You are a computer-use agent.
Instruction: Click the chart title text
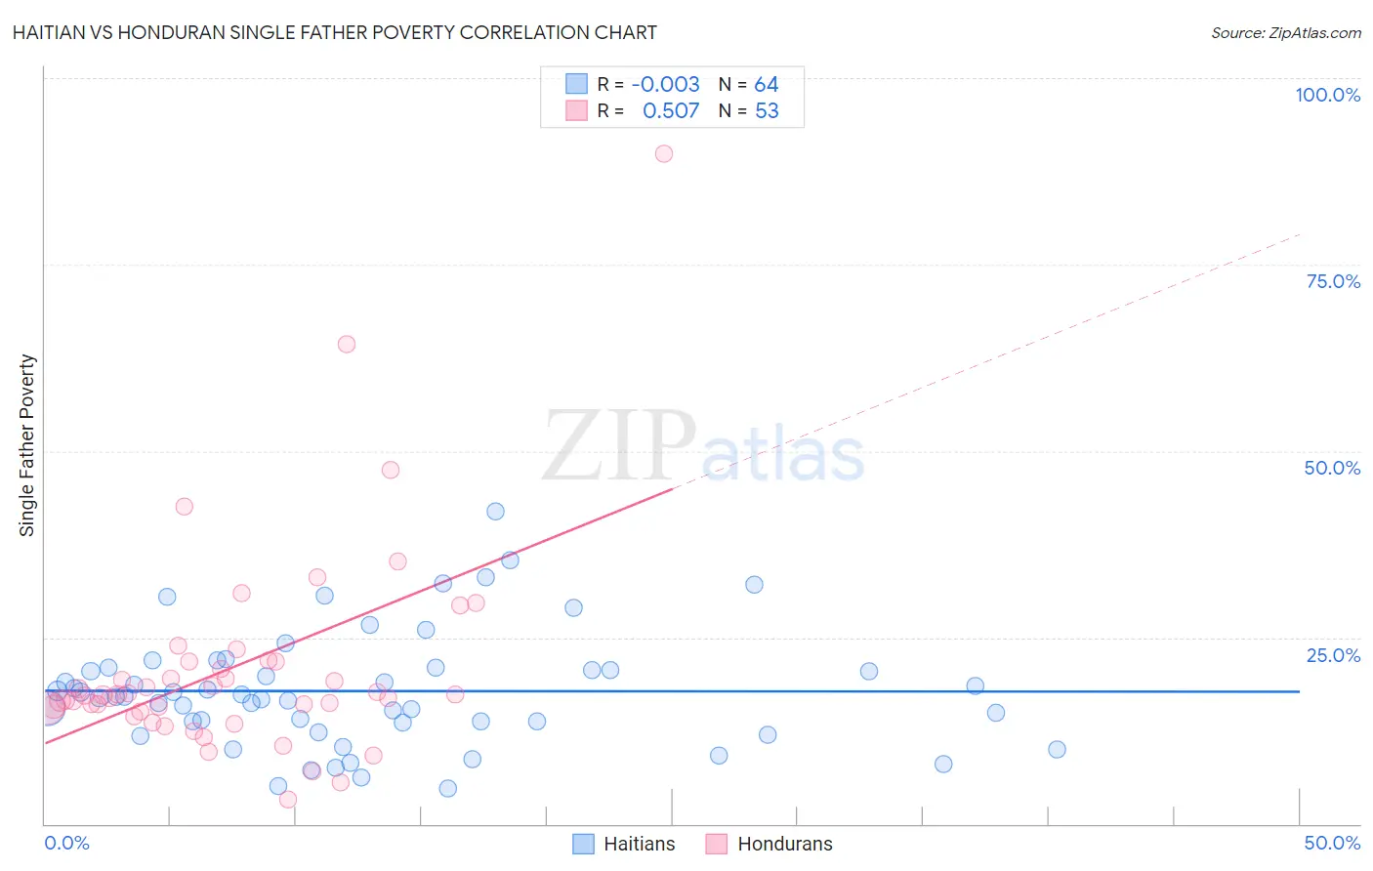coord(334,32)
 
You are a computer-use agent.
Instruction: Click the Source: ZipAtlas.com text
coord(1285,32)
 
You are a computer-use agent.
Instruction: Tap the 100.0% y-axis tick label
coord(1327,95)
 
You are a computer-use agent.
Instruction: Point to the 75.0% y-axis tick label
coord(1333,281)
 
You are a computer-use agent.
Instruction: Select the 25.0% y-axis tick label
coord(1333,655)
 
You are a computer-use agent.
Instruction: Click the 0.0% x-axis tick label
coord(66,843)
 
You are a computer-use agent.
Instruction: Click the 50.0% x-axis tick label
coord(1332,843)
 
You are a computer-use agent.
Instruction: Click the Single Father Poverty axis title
coord(27,445)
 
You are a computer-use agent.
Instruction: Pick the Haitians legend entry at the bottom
coord(623,844)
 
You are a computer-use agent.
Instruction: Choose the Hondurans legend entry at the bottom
coord(770,844)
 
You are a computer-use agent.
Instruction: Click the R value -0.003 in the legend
coord(665,85)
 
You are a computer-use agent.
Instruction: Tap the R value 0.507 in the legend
coord(671,111)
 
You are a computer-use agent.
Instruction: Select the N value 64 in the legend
coord(767,85)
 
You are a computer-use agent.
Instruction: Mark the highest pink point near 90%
coord(664,153)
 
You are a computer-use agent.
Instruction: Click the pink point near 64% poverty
coord(347,344)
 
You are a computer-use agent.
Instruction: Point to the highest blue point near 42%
coord(495,512)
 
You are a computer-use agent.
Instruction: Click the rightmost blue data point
coord(1057,750)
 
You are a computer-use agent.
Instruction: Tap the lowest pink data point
coord(288,800)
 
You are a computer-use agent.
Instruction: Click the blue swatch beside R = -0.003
coord(577,84)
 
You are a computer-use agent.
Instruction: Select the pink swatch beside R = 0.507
coord(577,110)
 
